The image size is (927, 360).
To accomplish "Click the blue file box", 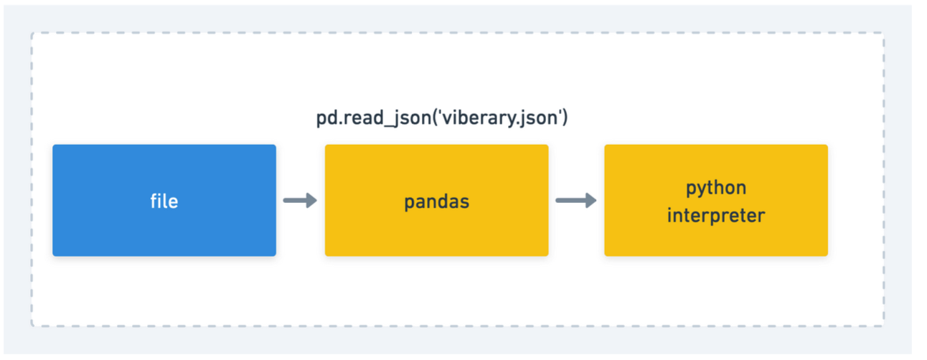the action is point(164,200).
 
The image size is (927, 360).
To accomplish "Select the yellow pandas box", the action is point(437,200).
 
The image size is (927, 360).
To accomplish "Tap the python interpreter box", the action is point(716,200).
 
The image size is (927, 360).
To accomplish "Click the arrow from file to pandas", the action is point(300,200).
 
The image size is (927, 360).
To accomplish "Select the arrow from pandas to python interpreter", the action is point(576,200).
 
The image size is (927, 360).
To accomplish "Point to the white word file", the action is point(164,201).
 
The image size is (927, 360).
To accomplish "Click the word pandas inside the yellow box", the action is point(437,202).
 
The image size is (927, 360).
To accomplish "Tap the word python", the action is point(716,189).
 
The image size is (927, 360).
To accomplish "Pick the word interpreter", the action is point(716,216).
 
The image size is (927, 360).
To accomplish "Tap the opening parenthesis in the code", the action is point(435,118).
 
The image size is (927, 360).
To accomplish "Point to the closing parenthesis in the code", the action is point(565,118).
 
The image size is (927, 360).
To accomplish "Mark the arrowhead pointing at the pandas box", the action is point(311,200).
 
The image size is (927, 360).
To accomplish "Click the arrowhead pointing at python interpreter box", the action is point(591,200).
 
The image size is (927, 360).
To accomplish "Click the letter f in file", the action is point(154,201).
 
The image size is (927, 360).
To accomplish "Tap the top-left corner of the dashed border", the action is point(32,33).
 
